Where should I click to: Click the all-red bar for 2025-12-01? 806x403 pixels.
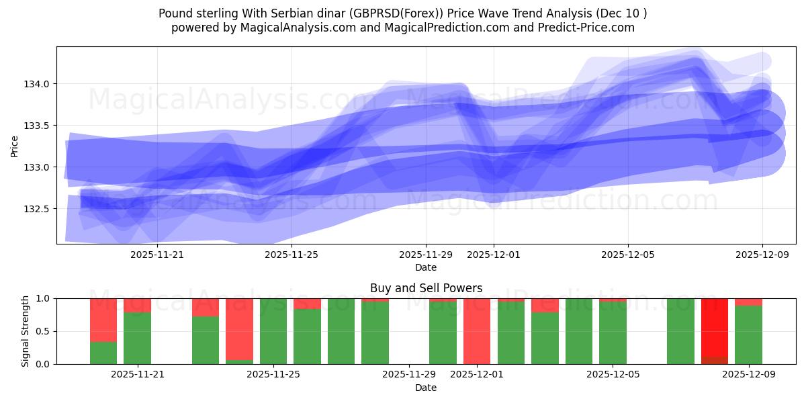(477, 331)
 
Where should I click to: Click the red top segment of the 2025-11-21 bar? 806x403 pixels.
(137, 306)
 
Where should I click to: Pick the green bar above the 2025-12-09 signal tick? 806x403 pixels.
(748, 334)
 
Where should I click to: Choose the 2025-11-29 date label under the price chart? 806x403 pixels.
(426, 255)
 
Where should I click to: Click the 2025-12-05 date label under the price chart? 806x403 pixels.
(628, 255)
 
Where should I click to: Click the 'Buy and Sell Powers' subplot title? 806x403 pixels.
(426, 288)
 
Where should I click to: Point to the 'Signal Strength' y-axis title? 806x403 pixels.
(25, 331)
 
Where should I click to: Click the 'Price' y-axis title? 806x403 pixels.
(15, 145)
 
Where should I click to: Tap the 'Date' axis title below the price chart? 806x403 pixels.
(426, 267)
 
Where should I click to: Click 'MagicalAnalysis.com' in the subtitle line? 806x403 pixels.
(293, 28)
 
